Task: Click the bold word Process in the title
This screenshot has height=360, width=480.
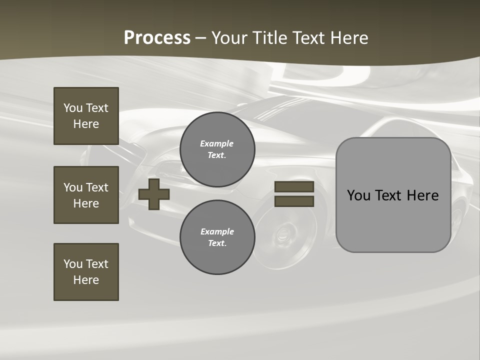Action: [157, 37]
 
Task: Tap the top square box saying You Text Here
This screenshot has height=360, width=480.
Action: [86, 116]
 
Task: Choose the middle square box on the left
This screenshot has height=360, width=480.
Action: [86, 195]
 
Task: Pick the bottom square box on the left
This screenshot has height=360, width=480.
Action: [86, 272]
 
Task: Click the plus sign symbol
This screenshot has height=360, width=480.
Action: [154, 194]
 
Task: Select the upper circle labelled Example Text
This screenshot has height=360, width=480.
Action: [217, 149]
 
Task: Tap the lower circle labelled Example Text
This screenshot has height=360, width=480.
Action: [217, 237]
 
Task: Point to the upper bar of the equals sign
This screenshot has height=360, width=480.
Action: [294, 187]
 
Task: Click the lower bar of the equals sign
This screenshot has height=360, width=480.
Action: [294, 201]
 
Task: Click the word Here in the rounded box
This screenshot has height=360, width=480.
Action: [422, 195]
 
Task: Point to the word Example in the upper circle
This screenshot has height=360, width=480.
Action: [217, 143]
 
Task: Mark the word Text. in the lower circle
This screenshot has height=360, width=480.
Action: [217, 243]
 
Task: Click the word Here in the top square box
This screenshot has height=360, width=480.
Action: [86, 124]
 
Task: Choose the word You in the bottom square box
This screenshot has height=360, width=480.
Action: [72, 263]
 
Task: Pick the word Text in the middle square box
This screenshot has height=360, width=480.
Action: [96, 187]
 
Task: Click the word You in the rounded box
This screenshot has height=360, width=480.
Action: [358, 195]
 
